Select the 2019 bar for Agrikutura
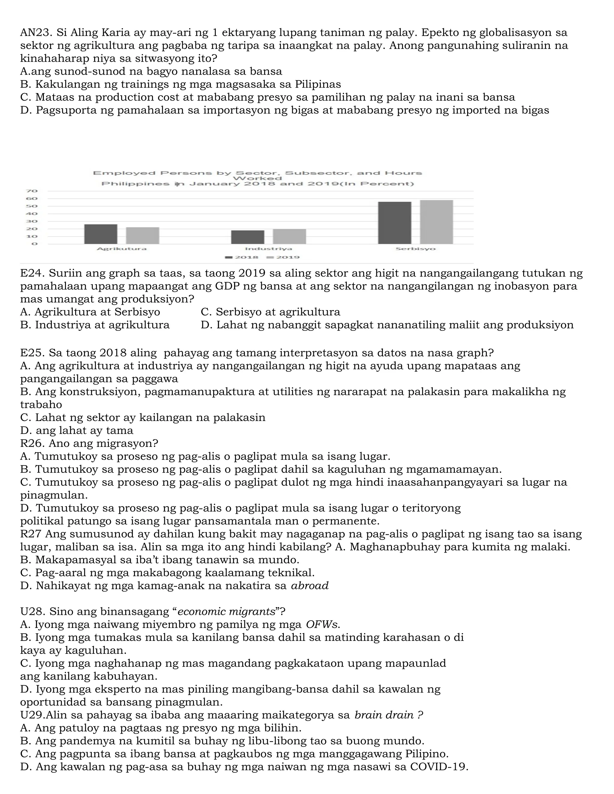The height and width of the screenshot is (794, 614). coord(143,236)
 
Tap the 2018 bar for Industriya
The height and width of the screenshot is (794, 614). coord(248,237)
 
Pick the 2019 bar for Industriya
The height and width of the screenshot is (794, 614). coord(290,236)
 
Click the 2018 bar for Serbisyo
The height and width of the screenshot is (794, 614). coord(395,223)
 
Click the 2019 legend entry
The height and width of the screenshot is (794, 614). coord(283,257)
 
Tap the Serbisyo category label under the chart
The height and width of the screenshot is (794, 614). coord(416,249)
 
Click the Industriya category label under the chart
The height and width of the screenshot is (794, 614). coord(268,249)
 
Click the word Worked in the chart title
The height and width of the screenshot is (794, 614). coord(258,178)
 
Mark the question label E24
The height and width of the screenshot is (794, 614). coord(32,273)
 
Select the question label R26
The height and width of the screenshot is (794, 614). coord(32,443)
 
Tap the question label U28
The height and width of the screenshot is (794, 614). coord(32,612)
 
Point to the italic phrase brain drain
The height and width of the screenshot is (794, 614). coord(384,715)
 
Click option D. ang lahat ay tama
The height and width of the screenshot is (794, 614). coord(77,431)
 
